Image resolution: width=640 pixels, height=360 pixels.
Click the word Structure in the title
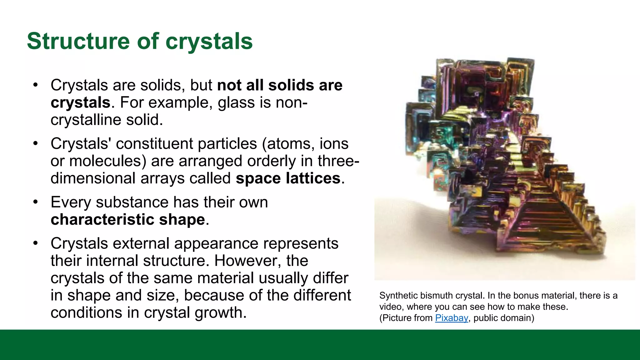coord(78,41)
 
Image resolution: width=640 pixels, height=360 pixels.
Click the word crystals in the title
coord(209,41)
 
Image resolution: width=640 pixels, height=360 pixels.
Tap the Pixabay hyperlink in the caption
coord(451,318)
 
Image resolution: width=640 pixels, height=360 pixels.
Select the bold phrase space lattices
coord(288,178)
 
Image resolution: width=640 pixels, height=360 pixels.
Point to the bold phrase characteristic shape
coord(128,219)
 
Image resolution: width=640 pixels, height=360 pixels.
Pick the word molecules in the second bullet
coord(108,161)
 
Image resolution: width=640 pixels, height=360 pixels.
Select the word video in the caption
coord(390,307)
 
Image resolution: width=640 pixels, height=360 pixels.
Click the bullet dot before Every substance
coord(36,202)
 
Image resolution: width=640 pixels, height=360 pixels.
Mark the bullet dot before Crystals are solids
coord(36,85)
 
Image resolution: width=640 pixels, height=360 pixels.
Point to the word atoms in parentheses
coord(290,144)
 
